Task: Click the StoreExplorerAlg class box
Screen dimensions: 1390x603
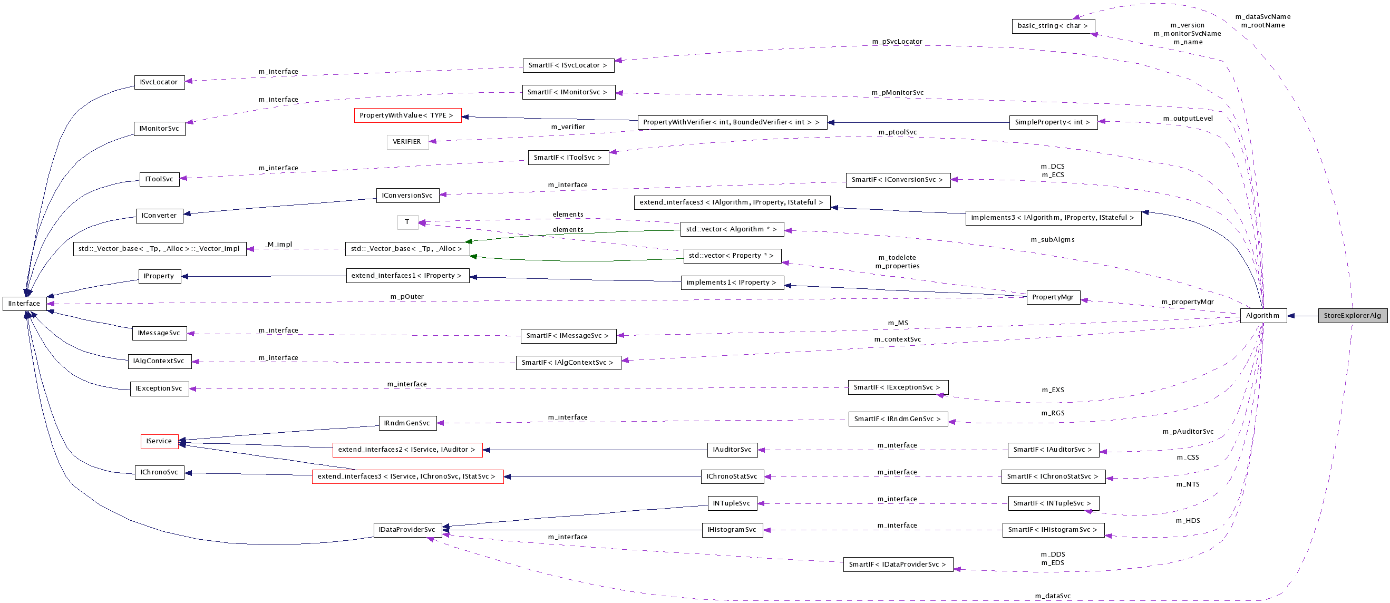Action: pyautogui.click(x=1352, y=316)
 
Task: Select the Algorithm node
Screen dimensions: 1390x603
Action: pyautogui.click(x=1262, y=316)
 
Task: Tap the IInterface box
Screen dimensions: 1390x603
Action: pyautogui.click(x=24, y=304)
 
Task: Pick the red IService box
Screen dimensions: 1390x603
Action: pyautogui.click(x=159, y=441)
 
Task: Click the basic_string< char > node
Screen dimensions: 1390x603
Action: pyautogui.click(x=1052, y=26)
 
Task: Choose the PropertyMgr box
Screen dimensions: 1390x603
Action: pyautogui.click(x=1053, y=297)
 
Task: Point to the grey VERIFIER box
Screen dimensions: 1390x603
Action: pyautogui.click(x=407, y=142)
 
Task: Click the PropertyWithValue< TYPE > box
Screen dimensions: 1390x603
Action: pyautogui.click(x=407, y=115)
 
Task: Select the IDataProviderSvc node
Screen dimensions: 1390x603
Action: pyautogui.click(x=407, y=530)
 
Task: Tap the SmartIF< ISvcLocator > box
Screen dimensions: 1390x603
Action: pyautogui.click(x=568, y=65)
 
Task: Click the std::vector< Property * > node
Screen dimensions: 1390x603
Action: pyautogui.click(x=731, y=256)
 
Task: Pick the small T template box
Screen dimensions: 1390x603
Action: pyautogui.click(x=407, y=222)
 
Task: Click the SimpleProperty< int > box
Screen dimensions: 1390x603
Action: pyautogui.click(x=1052, y=122)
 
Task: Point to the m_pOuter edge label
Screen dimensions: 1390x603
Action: pyautogui.click(x=407, y=297)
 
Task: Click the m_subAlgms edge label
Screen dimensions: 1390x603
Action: pyautogui.click(x=1052, y=239)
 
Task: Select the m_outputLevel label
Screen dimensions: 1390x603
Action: pyautogui.click(x=1188, y=119)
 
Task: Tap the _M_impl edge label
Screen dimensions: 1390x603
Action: pyautogui.click(x=279, y=245)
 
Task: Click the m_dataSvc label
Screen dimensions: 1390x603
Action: pyautogui.click(x=1052, y=596)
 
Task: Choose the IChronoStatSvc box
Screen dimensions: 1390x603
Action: pyautogui.click(x=732, y=477)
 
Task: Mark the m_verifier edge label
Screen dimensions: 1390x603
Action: pyautogui.click(x=568, y=127)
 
